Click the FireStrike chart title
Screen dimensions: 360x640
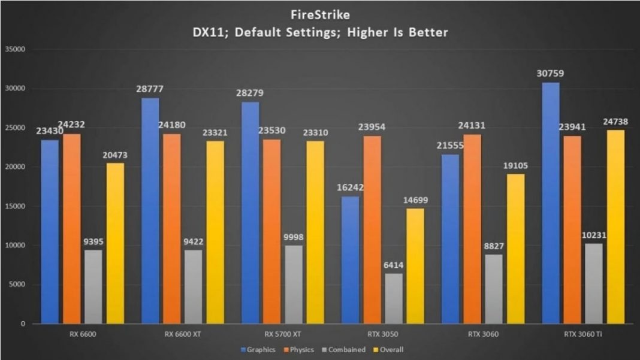pyautogui.click(x=320, y=14)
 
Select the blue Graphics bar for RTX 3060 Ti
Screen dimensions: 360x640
pyautogui.click(x=551, y=204)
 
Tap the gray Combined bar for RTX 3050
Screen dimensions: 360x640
pyautogui.click(x=393, y=298)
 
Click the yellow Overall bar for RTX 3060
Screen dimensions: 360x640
pyautogui.click(x=515, y=249)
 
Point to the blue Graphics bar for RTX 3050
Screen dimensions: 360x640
pyautogui.click(x=351, y=260)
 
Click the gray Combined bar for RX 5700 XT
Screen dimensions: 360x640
pyautogui.click(x=293, y=285)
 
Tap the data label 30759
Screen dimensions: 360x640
pyautogui.click(x=550, y=74)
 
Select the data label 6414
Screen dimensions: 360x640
pyautogui.click(x=393, y=265)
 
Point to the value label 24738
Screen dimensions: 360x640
pyautogui.click(x=615, y=122)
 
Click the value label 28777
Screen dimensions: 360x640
pyautogui.click(x=150, y=89)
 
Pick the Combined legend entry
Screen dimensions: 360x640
pyautogui.click(x=344, y=349)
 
